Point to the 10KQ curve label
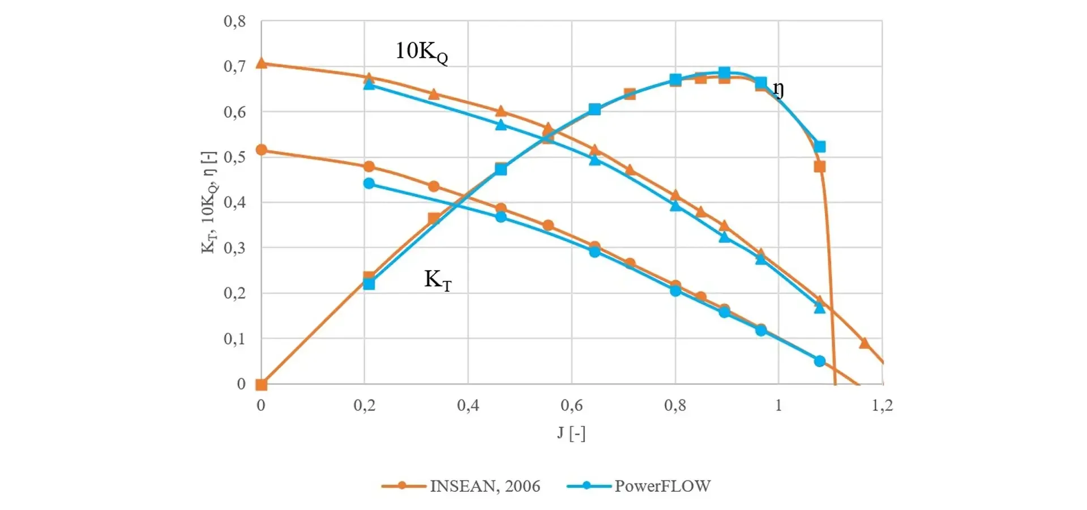pyautogui.click(x=421, y=52)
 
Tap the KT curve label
pyautogui.click(x=438, y=280)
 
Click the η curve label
pyautogui.click(x=778, y=90)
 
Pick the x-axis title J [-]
pyautogui.click(x=571, y=433)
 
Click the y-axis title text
pyautogui.click(x=209, y=202)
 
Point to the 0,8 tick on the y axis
pyautogui.click(x=235, y=22)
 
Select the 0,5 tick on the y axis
pyautogui.click(x=235, y=157)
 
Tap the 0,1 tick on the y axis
pyautogui.click(x=235, y=339)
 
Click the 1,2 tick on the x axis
pyautogui.click(x=882, y=405)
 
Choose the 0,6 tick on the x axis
pyautogui.click(x=571, y=405)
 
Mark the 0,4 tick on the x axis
pyautogui.click(x=468, y=405)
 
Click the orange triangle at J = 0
pyautogui.click(x=261, y=63)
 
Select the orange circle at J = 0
pyautogui.click(x=261, y=150)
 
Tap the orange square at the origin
pyautogui.click(x=261, y=385)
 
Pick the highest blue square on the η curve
pyautogui.click(x=724, y=73)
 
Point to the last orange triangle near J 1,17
pyautogui.click(x=864, y=343)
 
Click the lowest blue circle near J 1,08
pyautogui.click(x=820, y=361)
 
